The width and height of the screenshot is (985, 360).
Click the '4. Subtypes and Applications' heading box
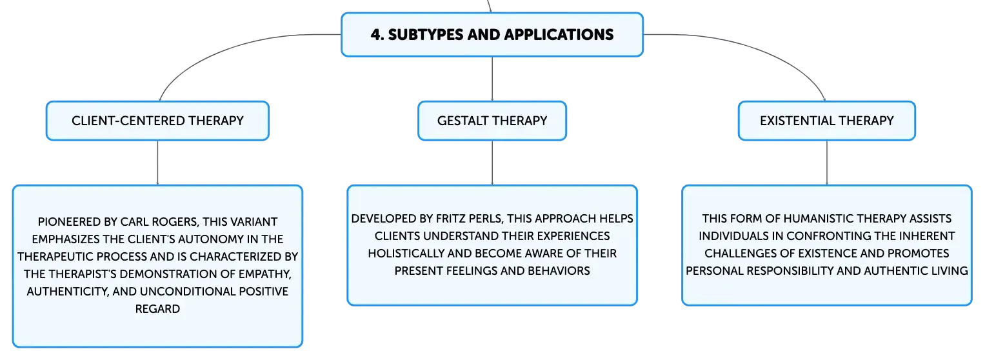click(x=492, y=34)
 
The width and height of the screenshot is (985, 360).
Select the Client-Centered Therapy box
click(x=157, y=121)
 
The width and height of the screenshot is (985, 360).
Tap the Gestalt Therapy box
click(x=492, y=121)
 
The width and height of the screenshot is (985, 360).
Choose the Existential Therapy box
click(x=827, y=121)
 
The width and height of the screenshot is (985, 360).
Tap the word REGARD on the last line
click(x=157, y=309)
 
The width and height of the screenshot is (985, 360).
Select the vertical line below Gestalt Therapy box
click(x=492, y=163)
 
